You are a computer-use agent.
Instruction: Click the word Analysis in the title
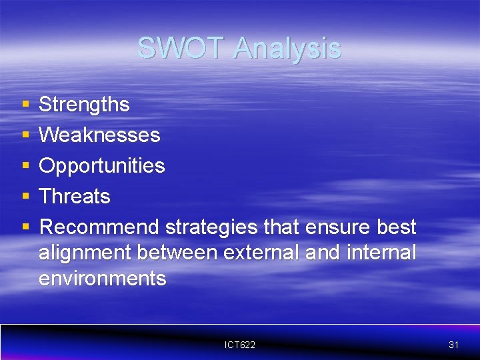pyautogui.click(x=287, y=49)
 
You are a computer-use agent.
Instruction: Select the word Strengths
pyautogui.click(x=84, y=105)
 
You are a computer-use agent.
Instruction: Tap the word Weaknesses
pyautogui.click(x=99, y=135)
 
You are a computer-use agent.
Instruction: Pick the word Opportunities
pyautogui.click(x=101, y=166)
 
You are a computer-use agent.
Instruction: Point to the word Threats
pyautogui.click(x=74, y=197)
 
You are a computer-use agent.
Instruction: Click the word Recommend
pyautogui.click(x=99, y=227)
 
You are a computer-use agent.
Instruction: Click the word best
pyautogui.click(x=396, y=227)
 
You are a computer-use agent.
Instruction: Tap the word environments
pyautogui.click(x=102, y=278)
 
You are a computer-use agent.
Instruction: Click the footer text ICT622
pyautogui.click(x=240, y=345)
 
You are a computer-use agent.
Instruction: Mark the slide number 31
pyautogui.click(x=454, y=345)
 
